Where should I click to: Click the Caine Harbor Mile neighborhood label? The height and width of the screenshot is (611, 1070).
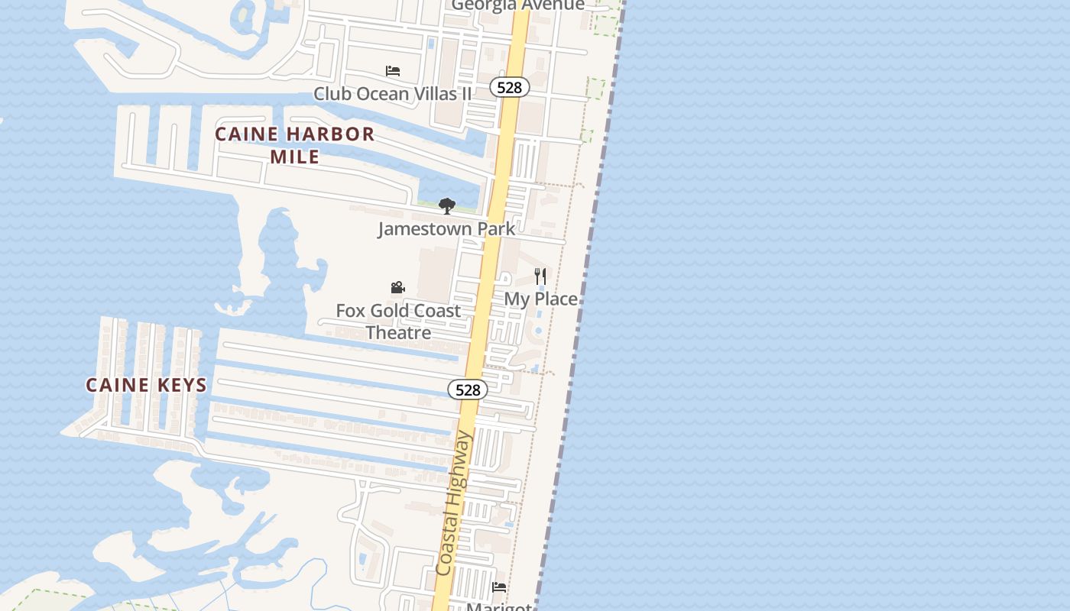tap(294, 145)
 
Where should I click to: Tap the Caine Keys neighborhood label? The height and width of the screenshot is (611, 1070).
tap(146, 385)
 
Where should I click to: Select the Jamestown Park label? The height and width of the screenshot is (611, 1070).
tap(446, 228)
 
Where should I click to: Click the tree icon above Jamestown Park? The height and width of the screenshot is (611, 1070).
tap(447, 206)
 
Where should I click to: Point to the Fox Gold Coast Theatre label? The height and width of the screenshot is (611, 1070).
tap(398, 322)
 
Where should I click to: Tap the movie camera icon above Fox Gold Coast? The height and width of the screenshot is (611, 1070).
tap(397, 288)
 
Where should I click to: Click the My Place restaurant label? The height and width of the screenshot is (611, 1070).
tap(540, 299)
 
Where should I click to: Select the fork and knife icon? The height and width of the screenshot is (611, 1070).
tap(540, 276)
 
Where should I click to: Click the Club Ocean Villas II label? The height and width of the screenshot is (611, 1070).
tap(393, 94)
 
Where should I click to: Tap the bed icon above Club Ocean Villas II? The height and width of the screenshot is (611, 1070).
tap(393, 71)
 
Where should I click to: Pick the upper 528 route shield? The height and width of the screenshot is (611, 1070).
tap(509, 87)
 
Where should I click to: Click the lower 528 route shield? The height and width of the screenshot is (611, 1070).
tap(467, 390)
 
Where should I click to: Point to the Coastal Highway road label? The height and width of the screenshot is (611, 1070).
tap(455, 504)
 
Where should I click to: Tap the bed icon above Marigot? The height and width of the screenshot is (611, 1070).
tap(499, 587)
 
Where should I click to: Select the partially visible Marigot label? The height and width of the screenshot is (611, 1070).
tap(498, 606)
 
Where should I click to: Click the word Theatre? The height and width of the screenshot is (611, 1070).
tap(398, 333)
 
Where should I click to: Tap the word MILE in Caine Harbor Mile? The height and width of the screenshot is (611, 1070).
tap(294, 157)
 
